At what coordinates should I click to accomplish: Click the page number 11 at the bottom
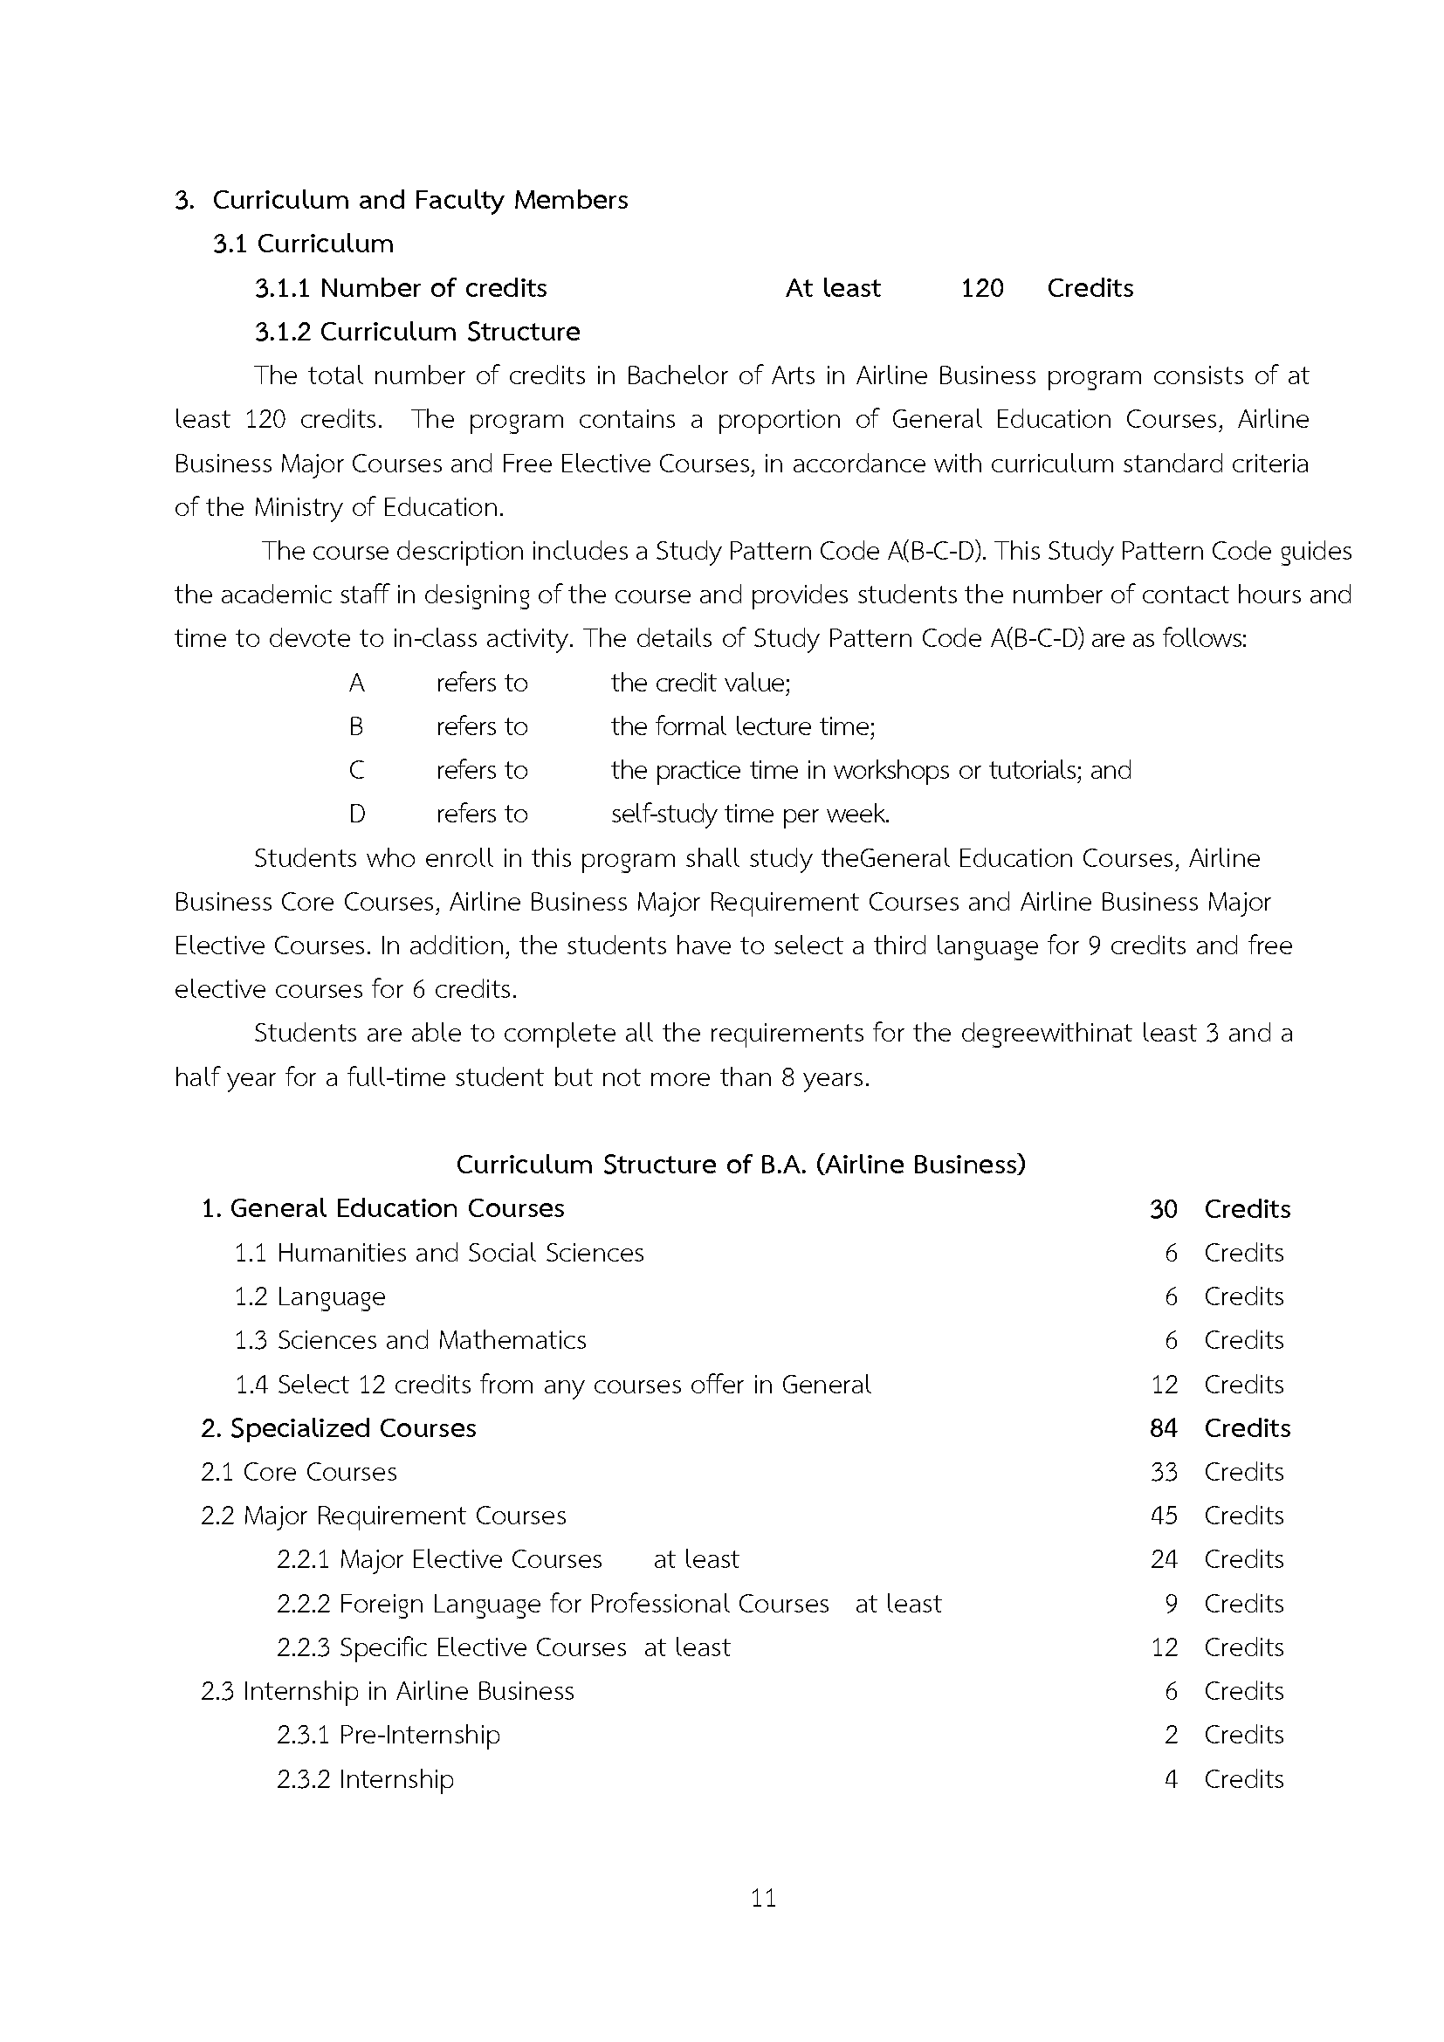(763, 1899)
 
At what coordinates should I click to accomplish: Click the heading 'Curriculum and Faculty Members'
(420, 200)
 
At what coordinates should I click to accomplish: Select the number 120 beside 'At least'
(981, 288)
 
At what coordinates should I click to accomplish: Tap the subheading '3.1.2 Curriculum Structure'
(417, 332)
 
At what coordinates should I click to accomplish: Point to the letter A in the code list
(356, 683)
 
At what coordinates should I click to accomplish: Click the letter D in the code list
(356, 814)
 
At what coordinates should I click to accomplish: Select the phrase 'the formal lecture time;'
(742, 726)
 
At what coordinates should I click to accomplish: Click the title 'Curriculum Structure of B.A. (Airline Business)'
(740, 1165)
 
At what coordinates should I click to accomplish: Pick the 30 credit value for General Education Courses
(1163, 1208)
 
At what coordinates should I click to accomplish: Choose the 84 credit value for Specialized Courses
(1163, 1428)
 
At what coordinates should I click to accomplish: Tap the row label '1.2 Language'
(309, 1296)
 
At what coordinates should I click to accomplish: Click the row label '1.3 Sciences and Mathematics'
(410, 1340)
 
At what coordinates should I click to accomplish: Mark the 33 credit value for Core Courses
(1163, 1472)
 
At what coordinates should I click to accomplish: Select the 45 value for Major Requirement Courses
(1163, 1516)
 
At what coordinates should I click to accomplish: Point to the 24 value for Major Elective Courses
(1163, 1559)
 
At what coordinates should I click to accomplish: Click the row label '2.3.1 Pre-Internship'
(388, 1735)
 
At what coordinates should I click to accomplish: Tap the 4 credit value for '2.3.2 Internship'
(1171, 1778)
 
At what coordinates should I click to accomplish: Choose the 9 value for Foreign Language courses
(1171, 1604)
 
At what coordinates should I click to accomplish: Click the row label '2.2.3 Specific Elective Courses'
(450, 1647)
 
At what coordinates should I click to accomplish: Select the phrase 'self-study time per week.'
(750, 814)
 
